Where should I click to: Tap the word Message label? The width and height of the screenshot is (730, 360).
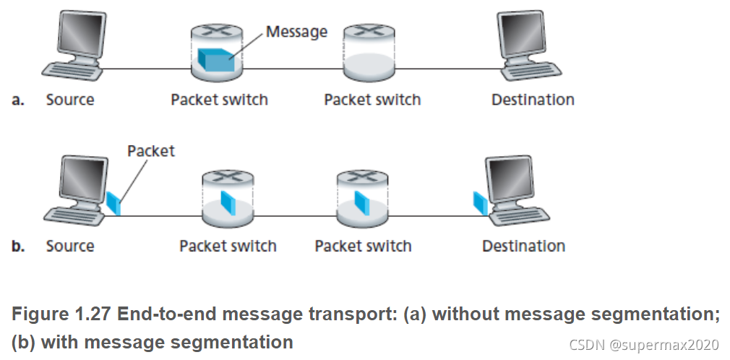(296, 32)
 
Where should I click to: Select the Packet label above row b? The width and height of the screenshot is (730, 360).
(150, 151)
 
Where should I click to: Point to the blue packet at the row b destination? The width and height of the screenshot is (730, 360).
(478, 202)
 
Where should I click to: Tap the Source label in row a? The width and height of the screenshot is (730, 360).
(70, 100)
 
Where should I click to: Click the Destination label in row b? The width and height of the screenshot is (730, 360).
(523, 246)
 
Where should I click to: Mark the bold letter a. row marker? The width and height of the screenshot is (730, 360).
(19, 100)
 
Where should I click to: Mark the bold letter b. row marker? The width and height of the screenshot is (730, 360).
(19, 247)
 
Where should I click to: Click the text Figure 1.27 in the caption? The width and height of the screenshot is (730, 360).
(59, 314)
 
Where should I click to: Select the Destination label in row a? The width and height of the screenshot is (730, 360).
(533, 100)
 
